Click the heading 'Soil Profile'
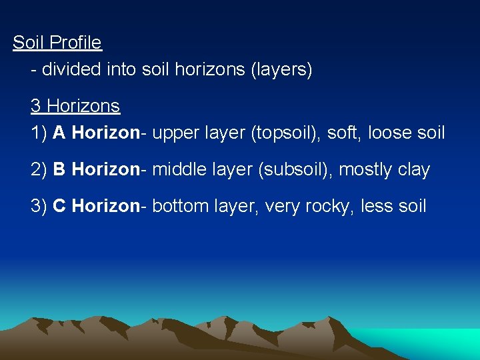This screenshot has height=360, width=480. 57,43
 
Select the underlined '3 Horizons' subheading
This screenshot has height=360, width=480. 75,106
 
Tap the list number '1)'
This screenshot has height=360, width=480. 39,133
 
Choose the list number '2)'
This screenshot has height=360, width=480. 39,169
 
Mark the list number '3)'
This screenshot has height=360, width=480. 39,206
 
